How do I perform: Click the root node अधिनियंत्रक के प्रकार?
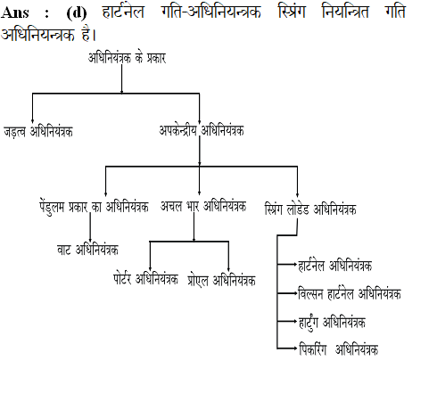click(x=127, y=58)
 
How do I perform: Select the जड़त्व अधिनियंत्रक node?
click(x=38, y=132)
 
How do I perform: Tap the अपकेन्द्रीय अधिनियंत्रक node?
click(x=202, y=130)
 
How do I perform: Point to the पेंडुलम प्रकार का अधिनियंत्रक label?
click(x=94, y=207)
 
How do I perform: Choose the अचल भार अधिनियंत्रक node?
click(x=203, y=206)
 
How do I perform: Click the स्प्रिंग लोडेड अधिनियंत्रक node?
click(x=310, y=209)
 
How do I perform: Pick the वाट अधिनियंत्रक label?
click(x=87, y=250)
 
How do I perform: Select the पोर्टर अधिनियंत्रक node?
click(x=145, y=279)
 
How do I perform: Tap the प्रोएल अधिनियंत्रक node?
click(x=221, y=281)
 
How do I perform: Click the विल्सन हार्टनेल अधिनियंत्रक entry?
click(x=350, y=294)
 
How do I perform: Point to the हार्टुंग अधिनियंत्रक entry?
click(x=332, y=323)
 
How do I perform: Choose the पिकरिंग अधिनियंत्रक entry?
click(x=339, y=349)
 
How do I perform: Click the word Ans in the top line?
click(x=15, y=12)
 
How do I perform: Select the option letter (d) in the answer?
click(x=77, y=13)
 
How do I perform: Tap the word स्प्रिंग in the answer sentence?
click(x=292, y=12)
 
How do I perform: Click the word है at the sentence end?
click(x=87, y=34)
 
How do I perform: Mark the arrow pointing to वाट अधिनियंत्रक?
click(x=90, y=228)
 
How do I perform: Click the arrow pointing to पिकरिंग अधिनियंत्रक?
click(x=287, y=348)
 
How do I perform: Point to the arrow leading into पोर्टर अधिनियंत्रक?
click(x=150, y=256)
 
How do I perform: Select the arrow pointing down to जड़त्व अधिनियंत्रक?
click(x=32, y=108)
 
